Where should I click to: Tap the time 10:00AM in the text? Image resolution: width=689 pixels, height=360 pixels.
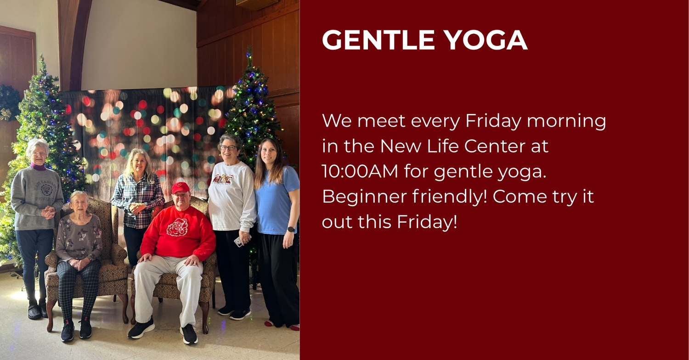(x=360, y=171)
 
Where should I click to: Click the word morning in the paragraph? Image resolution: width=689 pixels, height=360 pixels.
(x=566, y=121)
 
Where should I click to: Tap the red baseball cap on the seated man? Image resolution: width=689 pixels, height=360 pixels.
(x=180, y=187)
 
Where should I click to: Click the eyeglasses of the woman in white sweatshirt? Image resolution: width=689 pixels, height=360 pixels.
(x=228, y=148)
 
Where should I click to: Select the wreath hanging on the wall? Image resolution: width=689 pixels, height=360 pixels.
(x=9, y=102)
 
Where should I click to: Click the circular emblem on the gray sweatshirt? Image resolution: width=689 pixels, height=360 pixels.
(x=47, y=190)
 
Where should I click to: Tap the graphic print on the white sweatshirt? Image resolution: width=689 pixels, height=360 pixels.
(x=222, y=179)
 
